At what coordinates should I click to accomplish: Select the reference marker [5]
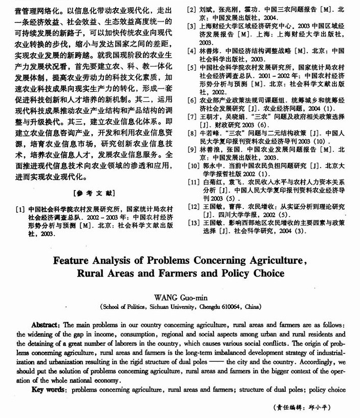click(191, 68)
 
